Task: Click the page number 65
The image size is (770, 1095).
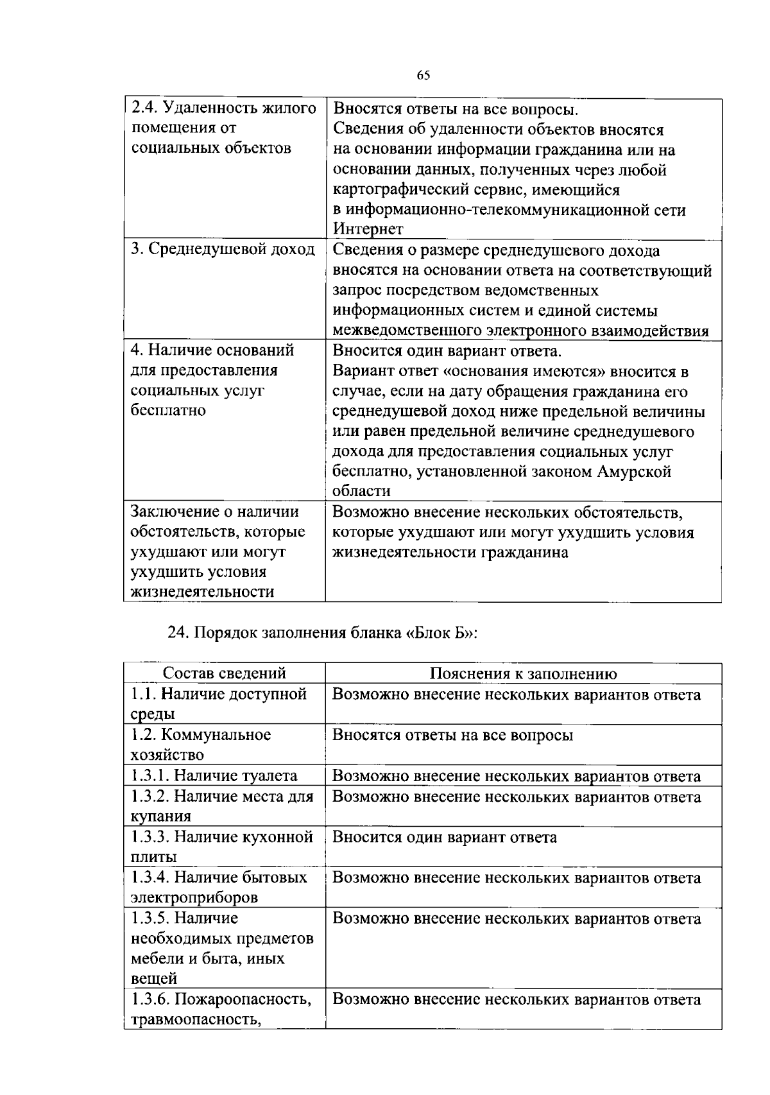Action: click(423, 76)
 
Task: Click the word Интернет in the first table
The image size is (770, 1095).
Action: click(368, 230)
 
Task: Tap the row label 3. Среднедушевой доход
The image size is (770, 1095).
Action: click(223, 250)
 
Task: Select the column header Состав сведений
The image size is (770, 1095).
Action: click(224, 673)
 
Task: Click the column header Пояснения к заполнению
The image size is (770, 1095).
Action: click(523, 673)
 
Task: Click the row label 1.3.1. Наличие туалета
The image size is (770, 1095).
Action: click(214, 775)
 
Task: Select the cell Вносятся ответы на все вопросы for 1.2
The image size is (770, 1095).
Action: click(452, 735)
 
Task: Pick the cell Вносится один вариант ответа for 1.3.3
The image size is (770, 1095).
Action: click(444, 837)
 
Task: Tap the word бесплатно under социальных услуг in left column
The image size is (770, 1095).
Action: click(168, 410)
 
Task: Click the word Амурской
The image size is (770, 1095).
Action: click(634, 472)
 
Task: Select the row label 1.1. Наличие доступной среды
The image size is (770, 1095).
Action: click(219, 703)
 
